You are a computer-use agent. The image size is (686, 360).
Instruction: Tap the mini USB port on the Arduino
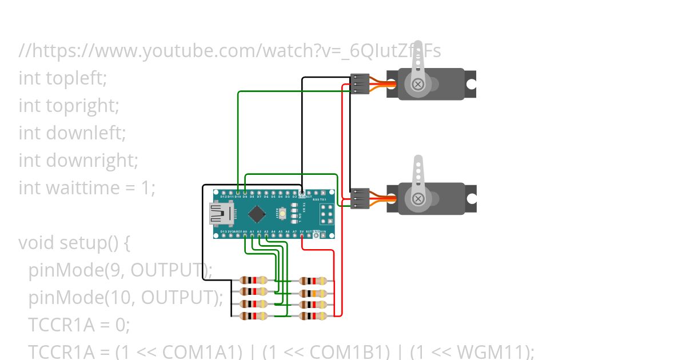click(221, 214)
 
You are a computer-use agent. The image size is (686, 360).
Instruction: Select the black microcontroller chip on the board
click(257, 214)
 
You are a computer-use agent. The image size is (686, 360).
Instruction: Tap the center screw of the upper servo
click(418, 85)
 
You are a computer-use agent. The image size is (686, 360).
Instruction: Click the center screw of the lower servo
click(418, 199)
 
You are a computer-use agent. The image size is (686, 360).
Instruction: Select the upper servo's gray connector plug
click(360, 84)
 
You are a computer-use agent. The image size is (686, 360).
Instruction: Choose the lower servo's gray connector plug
click(360, 198)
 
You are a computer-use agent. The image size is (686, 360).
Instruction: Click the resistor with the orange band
click(313, 293)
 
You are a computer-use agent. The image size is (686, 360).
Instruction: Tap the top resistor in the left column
click(253, 280)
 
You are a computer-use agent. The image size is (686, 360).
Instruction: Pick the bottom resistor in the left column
click(253, 315)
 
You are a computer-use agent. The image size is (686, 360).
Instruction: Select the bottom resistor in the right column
click(313, 315)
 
